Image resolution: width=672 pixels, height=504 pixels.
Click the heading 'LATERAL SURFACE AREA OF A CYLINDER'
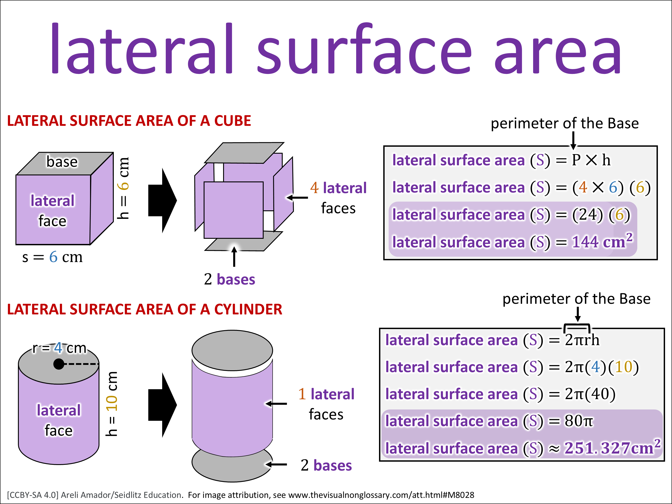pyautogui.click(x=145, y=309)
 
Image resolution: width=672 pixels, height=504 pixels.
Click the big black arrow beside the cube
pyautogui.click(x=163, y=200)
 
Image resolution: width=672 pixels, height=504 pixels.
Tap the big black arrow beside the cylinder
pyautogui.click(x=163, y=405)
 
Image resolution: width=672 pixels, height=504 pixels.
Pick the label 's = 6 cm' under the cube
pyautogui.click(x=52, y=257)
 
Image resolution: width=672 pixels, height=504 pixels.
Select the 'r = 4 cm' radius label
pyautogui.click(x=60, y=348)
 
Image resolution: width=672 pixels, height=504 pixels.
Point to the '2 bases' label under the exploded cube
pyautogui.click(x=229, y=279)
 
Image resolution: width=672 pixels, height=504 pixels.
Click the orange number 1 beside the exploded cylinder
pyautogui.click(x=302, y=394)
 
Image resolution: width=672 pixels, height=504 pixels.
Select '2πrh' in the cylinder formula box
pyautogui.click(x=582, y=340)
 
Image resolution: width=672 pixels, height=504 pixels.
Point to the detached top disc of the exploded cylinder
pyautogui.click(x=232, y=350)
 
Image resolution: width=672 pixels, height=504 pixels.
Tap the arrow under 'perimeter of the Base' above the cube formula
pyautogui.click(x=573, y=141)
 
